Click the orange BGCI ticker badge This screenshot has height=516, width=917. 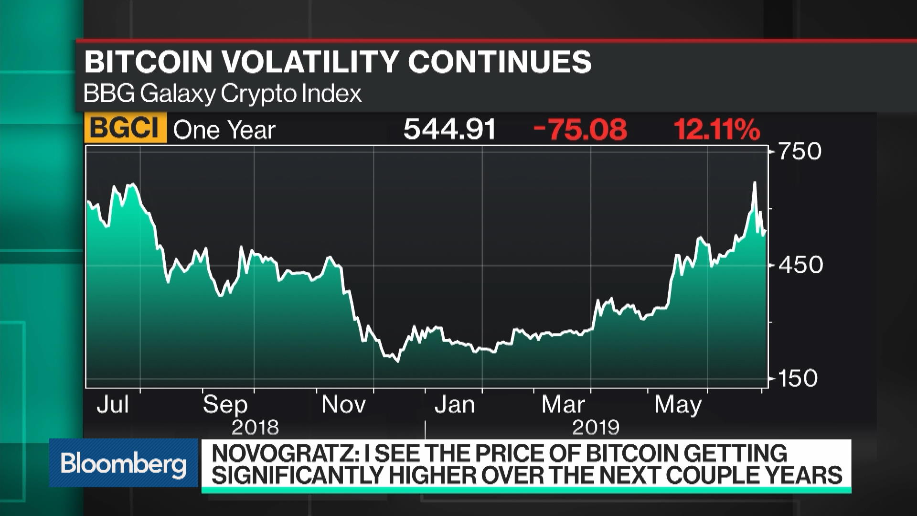point(125,129)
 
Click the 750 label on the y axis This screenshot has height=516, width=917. point(800,151)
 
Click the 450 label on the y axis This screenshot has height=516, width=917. point(800,265)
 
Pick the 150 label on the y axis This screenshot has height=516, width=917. point(798,378)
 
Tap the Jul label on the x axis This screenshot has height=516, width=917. point(113,405)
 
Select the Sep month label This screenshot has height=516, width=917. point(225,405)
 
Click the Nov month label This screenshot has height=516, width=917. point(343,405)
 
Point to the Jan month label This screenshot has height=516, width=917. point(454,405)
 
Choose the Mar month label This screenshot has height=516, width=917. point(563,405)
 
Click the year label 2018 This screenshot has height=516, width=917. point(255,427)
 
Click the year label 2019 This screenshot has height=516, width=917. point(596,427)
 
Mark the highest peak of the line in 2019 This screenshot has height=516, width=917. point(755,183)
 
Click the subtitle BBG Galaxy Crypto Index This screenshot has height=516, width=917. point(223,94)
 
